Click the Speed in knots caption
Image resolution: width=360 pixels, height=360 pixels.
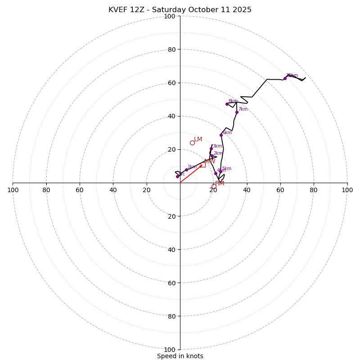[180, 356]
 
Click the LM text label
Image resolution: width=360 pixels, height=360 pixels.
[198, 139]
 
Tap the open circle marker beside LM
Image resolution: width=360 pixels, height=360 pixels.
[192, 143]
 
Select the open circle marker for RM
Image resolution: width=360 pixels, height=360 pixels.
[214, 186]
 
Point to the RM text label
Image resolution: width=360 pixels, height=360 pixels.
[220, 184]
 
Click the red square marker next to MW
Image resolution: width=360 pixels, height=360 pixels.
[203, 165]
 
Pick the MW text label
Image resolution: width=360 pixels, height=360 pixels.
[210, 161]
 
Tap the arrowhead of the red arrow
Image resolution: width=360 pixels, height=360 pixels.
[201, 166]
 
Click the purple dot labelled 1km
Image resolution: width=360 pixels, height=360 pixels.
[186, 170]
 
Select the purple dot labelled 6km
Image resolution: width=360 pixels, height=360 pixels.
[221, 135]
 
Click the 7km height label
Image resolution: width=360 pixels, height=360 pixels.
[243, 109]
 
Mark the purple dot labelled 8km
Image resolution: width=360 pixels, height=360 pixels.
[227, 104]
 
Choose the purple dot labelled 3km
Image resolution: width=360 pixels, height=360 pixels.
[211, 148]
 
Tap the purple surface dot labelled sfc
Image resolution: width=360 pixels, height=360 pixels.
[177, 176]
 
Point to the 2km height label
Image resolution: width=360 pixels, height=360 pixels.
[218, 153]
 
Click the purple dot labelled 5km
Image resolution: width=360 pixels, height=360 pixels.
[220, 171]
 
